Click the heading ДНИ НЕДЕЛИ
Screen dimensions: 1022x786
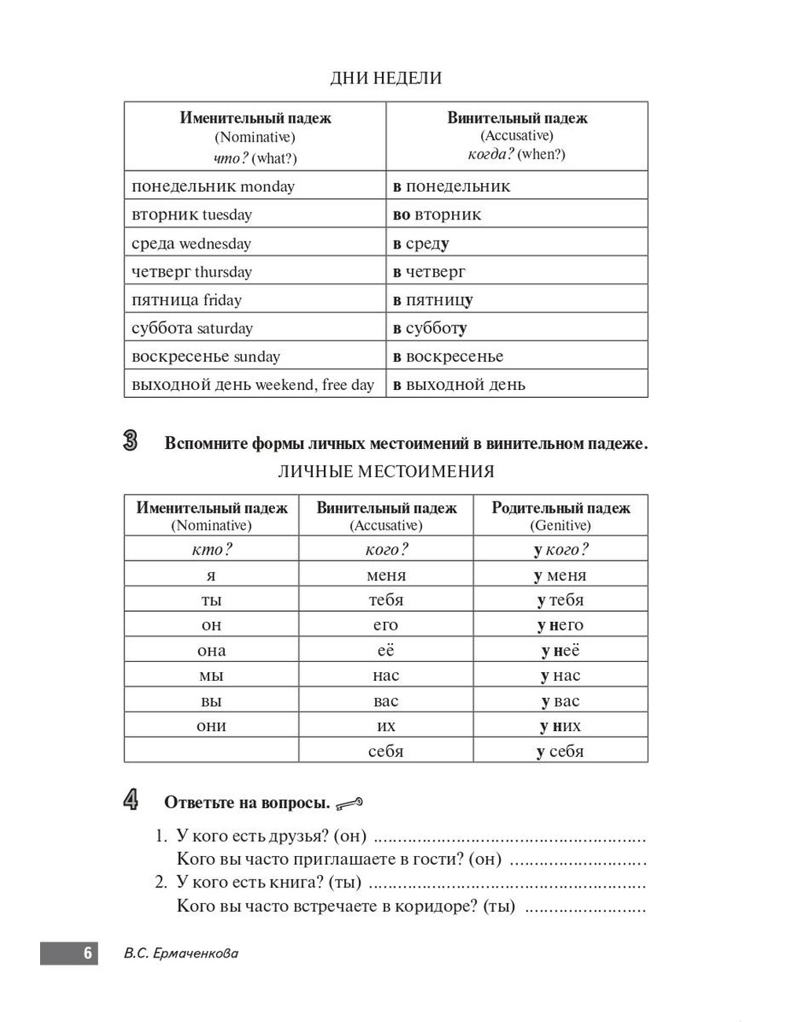(x=386, y=78)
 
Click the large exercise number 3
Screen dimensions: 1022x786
(x=130, y=441)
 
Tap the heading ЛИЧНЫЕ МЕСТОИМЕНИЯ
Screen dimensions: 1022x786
(x=386, y=472)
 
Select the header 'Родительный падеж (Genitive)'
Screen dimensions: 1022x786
(x=560, y=516)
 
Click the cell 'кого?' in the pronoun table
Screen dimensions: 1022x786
(x=386, y=550)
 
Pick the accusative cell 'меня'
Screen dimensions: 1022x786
(x=386, y=575)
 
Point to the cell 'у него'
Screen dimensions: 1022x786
(x=560, y=626)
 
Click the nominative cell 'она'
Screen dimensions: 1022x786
(x=211, y=651)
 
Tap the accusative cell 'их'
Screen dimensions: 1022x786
(x=386, y=726)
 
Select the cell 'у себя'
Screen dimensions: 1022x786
(x=560, y=752)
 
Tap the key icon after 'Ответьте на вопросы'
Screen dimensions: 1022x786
(x=350, y=803)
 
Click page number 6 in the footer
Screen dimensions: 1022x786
(x=87, y=954)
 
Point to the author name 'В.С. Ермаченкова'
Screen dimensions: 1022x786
(x=181, y=954)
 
